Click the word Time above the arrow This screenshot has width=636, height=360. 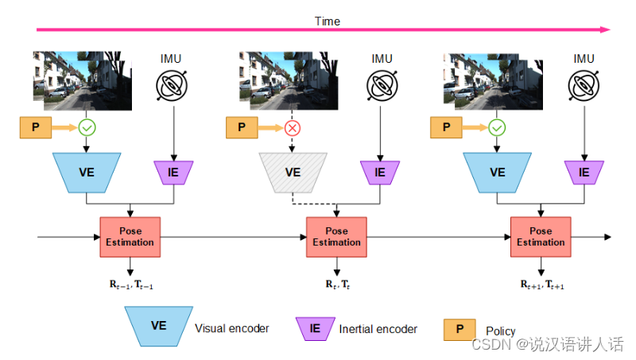pyautogui.click(x=327, y=21)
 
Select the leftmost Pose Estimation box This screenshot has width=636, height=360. pyautogui.click(x=130, y=237)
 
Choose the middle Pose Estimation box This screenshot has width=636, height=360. pyautogui.click(x=336, y=237)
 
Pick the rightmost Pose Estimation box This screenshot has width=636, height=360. pyautogui.click(x=540, y=237)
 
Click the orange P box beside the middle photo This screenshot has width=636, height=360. pyautogui.click(x=242, y=126)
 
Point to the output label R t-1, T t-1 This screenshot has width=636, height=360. pyautogui.click(x=131, y=284)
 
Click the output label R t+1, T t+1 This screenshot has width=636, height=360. pyautogui.click(x=542, y=284)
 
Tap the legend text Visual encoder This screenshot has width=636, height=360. pyautogui.click(x=231, y=328)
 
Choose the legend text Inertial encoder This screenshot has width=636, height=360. pyautogui.click(x=378, y=328)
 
